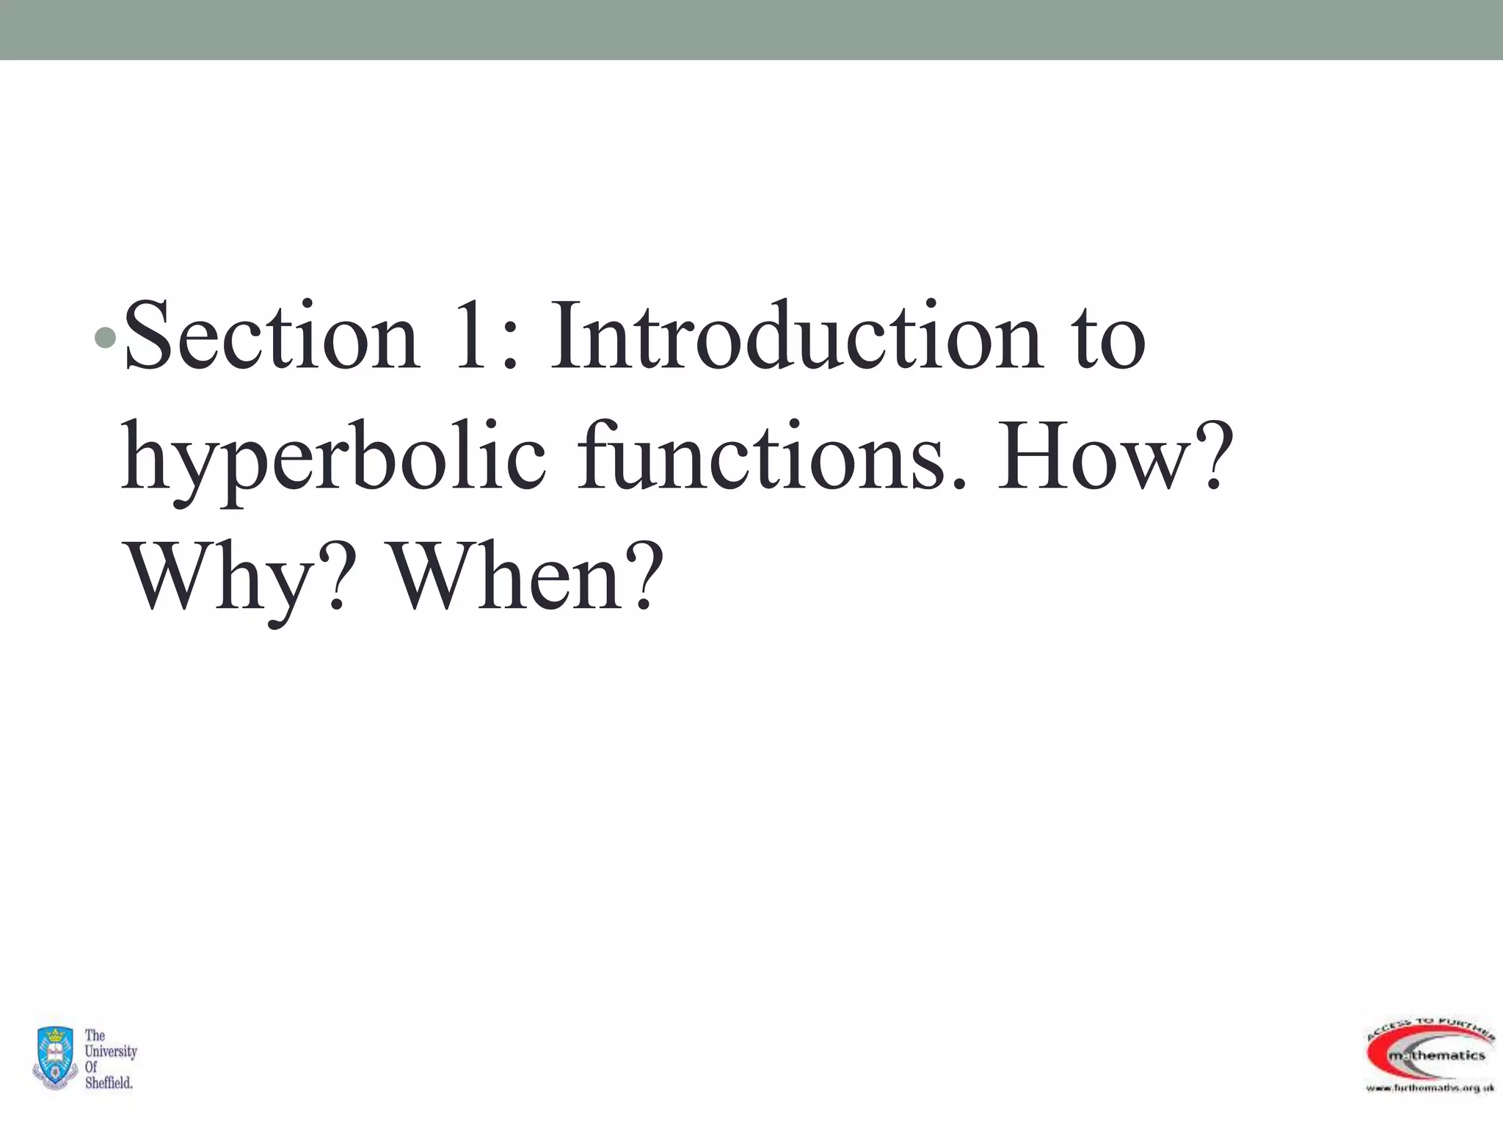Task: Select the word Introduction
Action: click(x=796, y=338)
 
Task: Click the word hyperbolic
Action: click(x=334, y=459)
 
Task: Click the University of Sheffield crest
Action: click(x=54, y=1057)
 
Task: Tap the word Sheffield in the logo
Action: click(x=109, y=1082)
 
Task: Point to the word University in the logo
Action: click(x=111, y=1051)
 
